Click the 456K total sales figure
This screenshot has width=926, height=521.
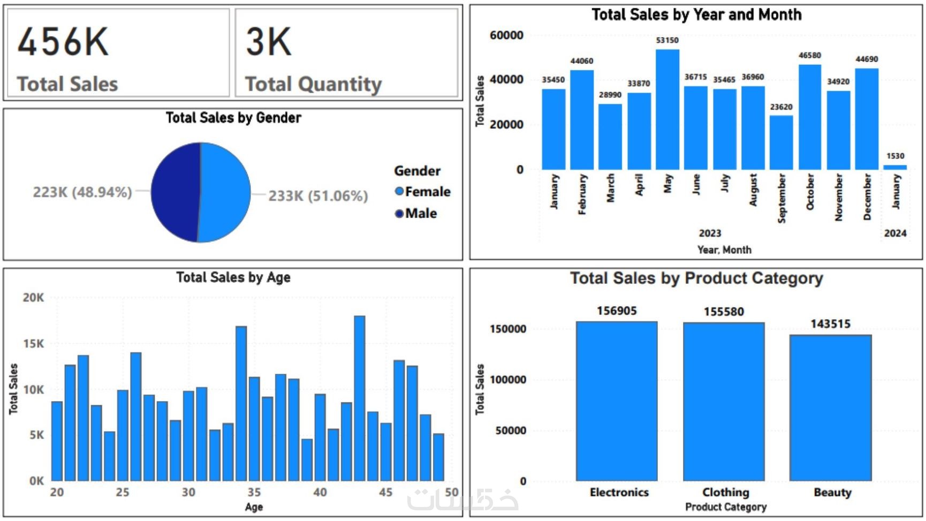63,42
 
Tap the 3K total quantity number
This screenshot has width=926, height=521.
269,42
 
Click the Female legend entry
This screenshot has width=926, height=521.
423,192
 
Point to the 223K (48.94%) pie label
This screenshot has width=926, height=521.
82,192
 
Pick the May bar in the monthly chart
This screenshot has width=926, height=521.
667,110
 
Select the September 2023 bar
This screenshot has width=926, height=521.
781,142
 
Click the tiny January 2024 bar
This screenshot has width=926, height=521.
895,167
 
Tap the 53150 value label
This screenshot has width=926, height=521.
667,40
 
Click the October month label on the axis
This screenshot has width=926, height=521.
810,192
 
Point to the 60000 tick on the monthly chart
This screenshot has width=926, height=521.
506,35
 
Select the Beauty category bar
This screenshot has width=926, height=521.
830,407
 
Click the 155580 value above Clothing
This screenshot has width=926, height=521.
724,312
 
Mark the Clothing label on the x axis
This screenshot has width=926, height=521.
726,492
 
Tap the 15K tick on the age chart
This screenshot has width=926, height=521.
33,344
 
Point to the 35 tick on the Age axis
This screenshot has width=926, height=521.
254,492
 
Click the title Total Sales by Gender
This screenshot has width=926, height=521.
233,118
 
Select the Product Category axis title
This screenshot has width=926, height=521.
726,507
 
